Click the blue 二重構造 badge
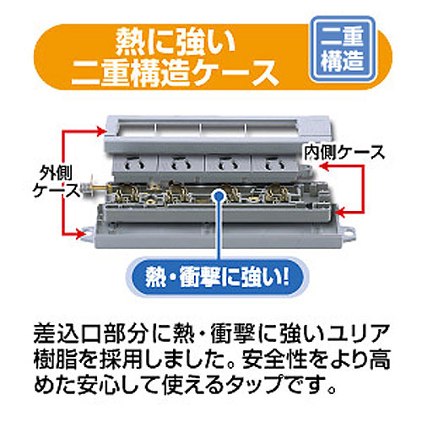pyautogui.click(x=343, y=49)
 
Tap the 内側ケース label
pyautogui.click(x=344, y=153)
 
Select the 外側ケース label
pyautogui.click(x=56, y=181)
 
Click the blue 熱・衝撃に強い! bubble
pyautogui.click(x=217, y=277)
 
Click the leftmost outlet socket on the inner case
pyautogui.click(x=135, y=165)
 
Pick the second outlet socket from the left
pyautogui.click(x=181, y=165)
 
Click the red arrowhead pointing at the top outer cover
pyautogui.click(x=100, y=131)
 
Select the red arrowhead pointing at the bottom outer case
pyautogui.click(x=81, y=234)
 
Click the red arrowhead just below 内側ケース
pyautogui.click(x=325, y=166)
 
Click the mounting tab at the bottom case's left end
pyautogui.click(x=89, y=235)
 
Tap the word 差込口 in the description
pyautogui.click(x=68, y=334)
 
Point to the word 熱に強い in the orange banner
pyautogui.click(x=176, y=42)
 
